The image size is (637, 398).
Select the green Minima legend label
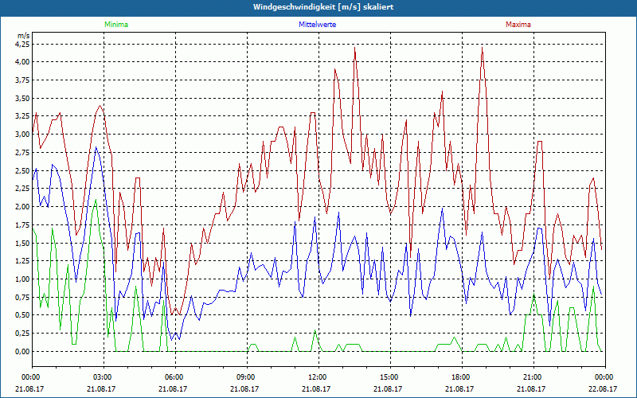115,25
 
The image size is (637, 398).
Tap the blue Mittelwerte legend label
316,25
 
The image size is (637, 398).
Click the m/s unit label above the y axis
22,36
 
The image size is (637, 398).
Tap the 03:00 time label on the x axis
103,377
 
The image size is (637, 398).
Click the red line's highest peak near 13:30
354,48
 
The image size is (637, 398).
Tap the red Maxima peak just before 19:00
482,49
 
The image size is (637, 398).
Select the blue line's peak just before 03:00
96,147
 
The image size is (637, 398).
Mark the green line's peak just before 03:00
96,199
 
